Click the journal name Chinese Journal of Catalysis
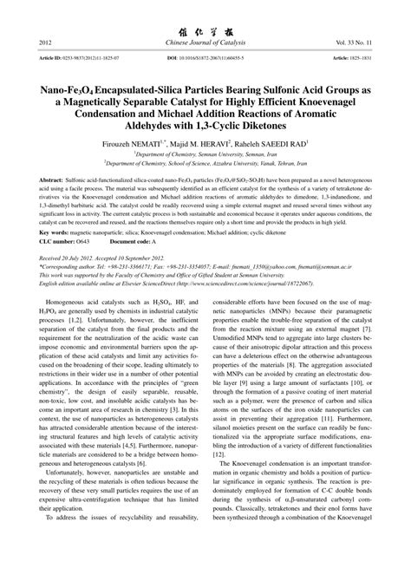pyautogui.click(x=205, y=42)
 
